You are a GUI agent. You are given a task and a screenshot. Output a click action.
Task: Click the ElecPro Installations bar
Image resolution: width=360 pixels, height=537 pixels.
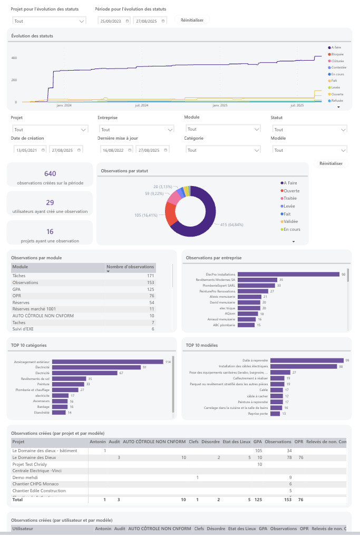[x=288, y=274]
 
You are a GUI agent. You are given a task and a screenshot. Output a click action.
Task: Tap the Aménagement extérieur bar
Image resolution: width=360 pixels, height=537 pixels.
[x=109, y=362]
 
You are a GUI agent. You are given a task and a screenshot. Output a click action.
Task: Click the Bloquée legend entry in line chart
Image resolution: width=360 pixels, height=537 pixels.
[x=337, y=54]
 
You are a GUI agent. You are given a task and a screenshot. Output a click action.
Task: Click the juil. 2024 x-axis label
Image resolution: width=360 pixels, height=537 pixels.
[x=142, y=105]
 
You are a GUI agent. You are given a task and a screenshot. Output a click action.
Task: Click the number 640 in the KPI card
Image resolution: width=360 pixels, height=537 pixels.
[x=50, y=174]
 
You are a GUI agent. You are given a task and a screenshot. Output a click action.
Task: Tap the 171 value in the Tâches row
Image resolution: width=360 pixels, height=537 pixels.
[x=150, y=276]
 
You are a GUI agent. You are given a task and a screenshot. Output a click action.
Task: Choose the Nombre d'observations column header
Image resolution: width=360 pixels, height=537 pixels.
[x=130, y=267]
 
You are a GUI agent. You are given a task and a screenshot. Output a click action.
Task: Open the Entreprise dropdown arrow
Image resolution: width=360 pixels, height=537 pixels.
[x=169, y=130]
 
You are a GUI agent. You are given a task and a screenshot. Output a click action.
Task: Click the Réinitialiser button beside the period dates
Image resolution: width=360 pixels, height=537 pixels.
[x=192, y=20]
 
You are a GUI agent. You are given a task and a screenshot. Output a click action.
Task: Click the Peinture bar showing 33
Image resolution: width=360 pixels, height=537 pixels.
[x=69, y=384]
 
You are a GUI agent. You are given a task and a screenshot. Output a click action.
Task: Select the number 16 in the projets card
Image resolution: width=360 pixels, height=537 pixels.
[x=50, y=231]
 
